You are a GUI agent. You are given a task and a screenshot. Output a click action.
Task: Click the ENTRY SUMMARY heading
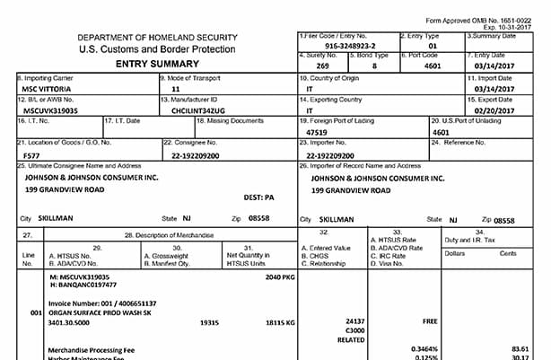coord(151,66)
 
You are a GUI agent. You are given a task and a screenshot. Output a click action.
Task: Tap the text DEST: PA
coord(258,196)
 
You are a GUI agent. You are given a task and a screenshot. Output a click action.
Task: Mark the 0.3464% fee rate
coord(424,347)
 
